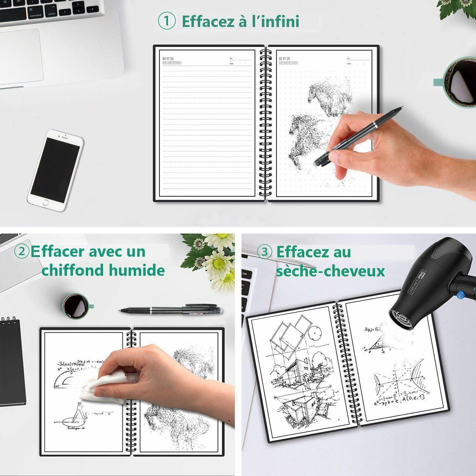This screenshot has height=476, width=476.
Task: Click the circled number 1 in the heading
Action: (167, 21)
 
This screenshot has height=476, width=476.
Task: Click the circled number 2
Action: (22, 252)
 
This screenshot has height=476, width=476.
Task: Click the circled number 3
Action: (264, 252)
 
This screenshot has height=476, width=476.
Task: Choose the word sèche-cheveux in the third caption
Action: (330, 271)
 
